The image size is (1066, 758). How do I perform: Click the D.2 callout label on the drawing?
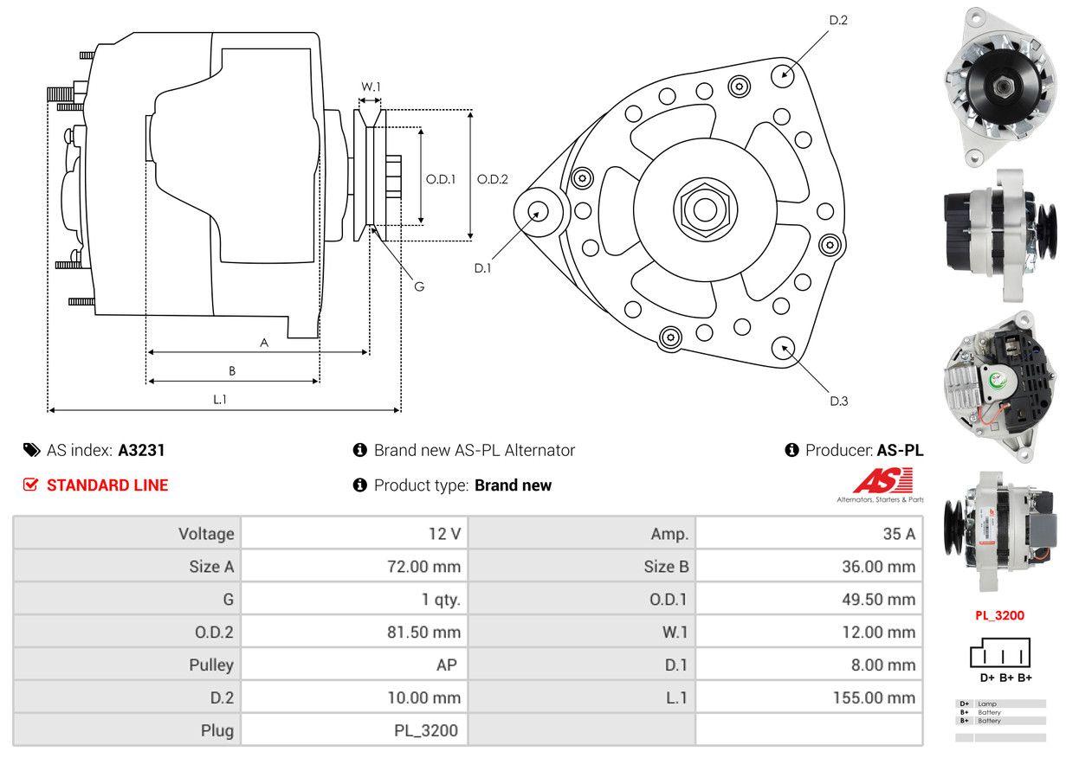(837, 20)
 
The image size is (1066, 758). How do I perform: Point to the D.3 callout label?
(838, 401)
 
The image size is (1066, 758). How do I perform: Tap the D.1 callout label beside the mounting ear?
(482, 268)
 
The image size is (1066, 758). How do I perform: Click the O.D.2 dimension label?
(492, 180)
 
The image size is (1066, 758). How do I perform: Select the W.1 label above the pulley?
(371, 87)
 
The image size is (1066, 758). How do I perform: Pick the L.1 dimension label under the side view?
(220, 399)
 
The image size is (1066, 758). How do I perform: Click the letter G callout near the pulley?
(418, 286)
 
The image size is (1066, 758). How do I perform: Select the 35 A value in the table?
(898, 534)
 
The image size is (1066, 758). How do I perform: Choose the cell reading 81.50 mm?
(423, 633)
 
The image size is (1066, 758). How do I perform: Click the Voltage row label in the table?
(206, 534)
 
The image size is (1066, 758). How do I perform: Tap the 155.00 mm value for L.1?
(875, 697)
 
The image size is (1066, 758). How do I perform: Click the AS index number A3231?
(141, 450)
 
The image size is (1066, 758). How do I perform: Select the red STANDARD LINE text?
(107, 485)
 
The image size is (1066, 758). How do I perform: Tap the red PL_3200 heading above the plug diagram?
(999, 616)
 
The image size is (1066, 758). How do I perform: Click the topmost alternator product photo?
(1000, 84)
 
